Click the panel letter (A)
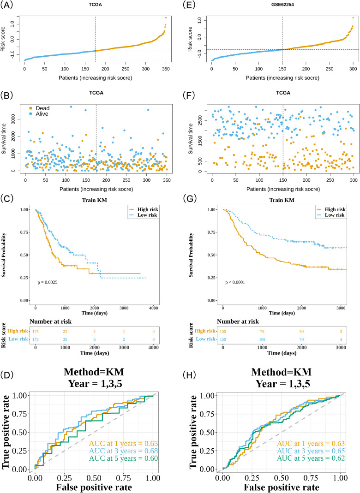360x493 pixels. [6, 6]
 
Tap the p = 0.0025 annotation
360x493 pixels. [48, 282]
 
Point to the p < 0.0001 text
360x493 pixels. [235, 282]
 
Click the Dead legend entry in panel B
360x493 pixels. [39, 108]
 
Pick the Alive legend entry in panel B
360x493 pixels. [39, 114]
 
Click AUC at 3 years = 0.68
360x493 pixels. [123, 451]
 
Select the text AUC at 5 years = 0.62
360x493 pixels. [311, 458]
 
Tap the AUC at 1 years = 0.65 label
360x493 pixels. [123, 444]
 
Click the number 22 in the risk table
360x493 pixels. [65, 332]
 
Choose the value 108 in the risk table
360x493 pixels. [262, 339]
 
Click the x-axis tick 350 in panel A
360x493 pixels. [166, 69]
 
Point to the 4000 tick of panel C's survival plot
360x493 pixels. [154, 308]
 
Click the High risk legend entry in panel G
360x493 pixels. [330, 209]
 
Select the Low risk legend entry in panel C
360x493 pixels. [143, 215]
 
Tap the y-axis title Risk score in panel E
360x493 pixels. [190, 39]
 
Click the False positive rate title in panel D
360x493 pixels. [94, 487]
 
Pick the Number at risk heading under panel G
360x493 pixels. [238, 321]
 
